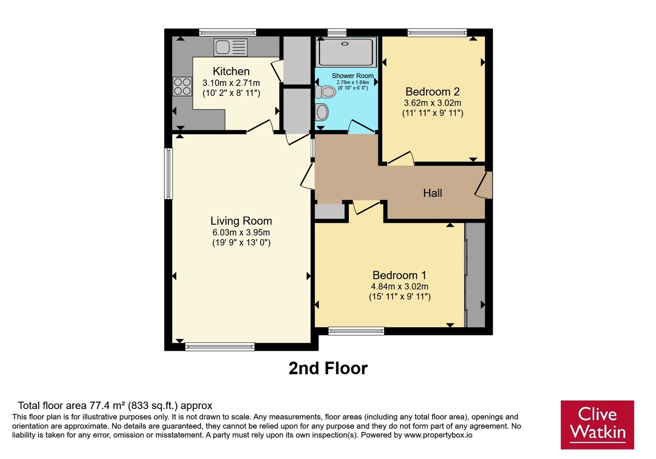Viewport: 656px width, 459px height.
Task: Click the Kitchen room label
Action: pyautogui.click(x=231, y=71)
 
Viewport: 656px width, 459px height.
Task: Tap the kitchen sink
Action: pyautogui.click(x=230, y=47)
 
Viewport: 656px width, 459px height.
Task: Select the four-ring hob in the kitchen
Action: pyautogui.click(x=182, y=86)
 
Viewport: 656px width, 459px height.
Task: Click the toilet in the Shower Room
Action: pyautogui.click(x=326, y=92)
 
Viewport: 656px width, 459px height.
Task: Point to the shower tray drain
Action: pyautogui.click(x=345, y=43)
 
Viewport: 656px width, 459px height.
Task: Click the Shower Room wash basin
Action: pyautogui.click(x=322, y=112)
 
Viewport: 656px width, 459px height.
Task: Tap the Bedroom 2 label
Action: pyautogui.click(x=432, y=92)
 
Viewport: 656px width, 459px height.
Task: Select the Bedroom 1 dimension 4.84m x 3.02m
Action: pyautogui.click(x=399, y=286)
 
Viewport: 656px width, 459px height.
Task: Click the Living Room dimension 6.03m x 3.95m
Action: pyautogui.click(x=241, y=232)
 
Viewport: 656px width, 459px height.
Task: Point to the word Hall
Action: pyautogui.click(x=433, y=193)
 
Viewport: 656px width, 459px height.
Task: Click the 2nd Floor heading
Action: pyautogui.click(x=328, y=368)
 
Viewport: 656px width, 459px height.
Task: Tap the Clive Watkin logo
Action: pyautogui.click(x=597, y=425)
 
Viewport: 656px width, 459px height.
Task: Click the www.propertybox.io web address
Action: pyautogui.click(x=438, y=435)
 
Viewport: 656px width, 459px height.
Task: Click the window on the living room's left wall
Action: pyautogui.click(x=169, y=174)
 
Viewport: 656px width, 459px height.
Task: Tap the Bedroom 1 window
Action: pyautogui.click(x=356, y=331)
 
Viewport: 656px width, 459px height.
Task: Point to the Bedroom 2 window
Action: pyautogui.click(x=437, y=32)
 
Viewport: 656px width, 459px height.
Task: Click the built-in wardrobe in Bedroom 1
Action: pyautogui.click(x=475, y=275)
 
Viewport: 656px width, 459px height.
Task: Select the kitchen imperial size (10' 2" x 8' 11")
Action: pyautogui.click(x=231, y=93)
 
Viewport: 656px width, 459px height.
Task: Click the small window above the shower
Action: pyautogui.click(x=337, y=32)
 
